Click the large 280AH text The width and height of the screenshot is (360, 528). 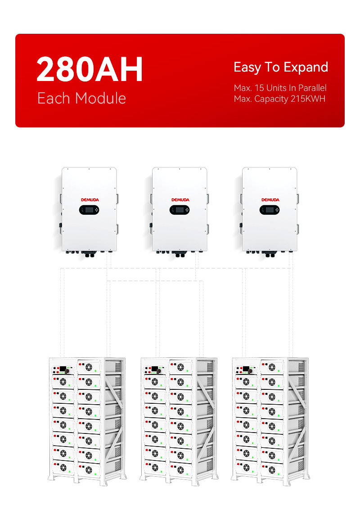[x=90, y=69]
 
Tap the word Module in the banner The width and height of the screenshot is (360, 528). [x=100, y=98]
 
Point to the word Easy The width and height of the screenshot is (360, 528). [x=247, y=68]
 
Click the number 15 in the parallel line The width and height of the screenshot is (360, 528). [x=259, y=88]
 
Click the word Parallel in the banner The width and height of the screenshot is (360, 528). [x=312, y=88]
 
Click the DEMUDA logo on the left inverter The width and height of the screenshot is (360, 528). [x=90, y=200]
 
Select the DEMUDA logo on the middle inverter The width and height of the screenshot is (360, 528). [x=180, y=200]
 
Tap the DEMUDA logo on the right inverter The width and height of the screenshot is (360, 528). [x=270, y=200]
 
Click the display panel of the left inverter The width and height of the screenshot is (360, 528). [x=89, y=210]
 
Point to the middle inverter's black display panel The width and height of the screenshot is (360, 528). [x=179, y=210]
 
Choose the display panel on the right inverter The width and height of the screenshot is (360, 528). [x=270, y=210]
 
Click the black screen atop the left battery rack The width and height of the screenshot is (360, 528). [x=63, y=369]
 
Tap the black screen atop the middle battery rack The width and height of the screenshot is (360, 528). [x=154, y=369]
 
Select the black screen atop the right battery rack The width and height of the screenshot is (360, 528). [x=246, y=369]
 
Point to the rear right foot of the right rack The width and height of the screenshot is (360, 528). [x=307, y=476]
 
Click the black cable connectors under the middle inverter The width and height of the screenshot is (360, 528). [x=180, y=254]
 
